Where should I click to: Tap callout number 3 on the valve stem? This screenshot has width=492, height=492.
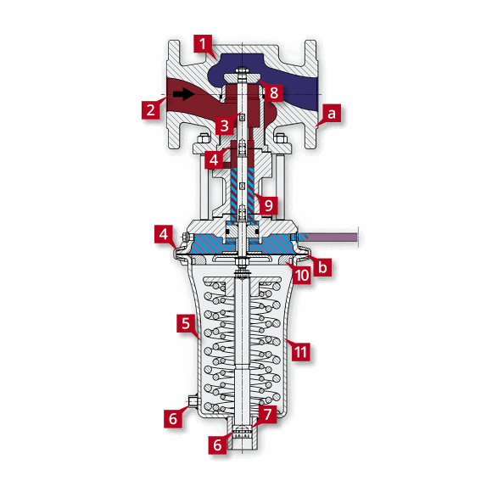[223, 126]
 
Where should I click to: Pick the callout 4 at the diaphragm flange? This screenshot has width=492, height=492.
[165, 234]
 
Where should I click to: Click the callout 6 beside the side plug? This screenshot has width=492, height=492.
[173, 417]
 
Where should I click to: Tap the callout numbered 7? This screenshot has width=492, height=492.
[268, 415]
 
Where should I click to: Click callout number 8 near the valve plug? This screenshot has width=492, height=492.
[274, 91]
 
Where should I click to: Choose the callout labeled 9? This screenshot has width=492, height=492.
[268, 204]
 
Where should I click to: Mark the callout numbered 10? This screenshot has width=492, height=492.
[300, 273]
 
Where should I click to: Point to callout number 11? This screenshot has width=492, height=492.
[299, 349]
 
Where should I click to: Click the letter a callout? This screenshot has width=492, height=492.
[332, 111]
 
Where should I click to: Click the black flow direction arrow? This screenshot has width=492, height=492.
[182, 94]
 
